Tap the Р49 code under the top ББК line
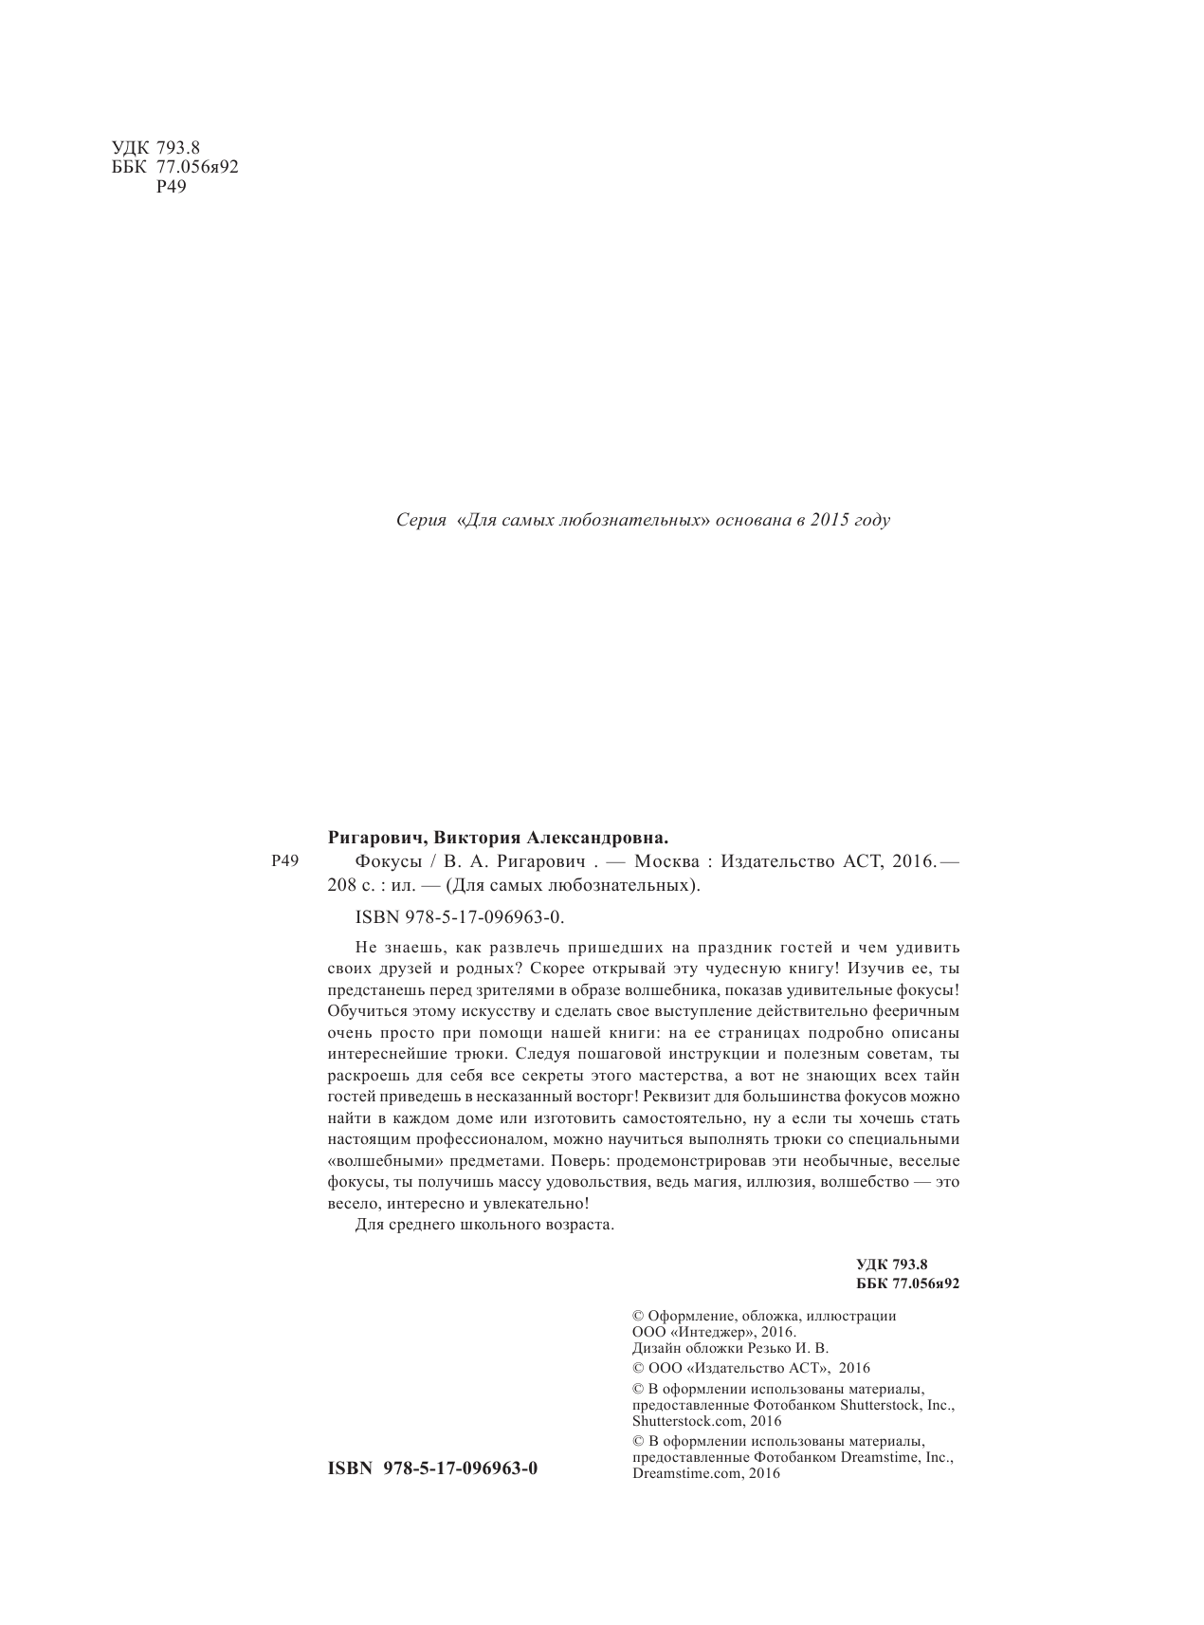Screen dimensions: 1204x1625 coord(171,187)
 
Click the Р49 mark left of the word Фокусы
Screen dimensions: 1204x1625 coord(284,861)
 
